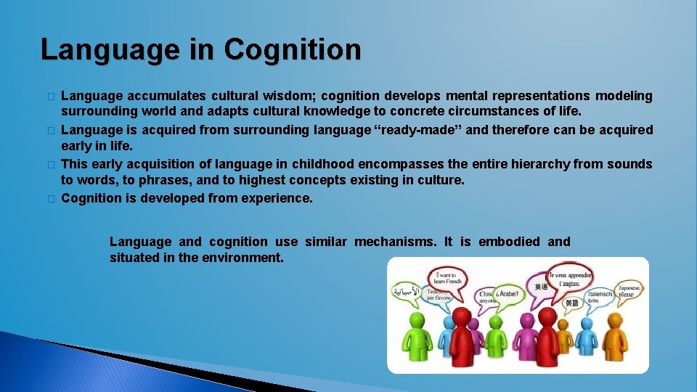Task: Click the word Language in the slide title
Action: (x=110, y=50)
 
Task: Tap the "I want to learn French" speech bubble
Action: (x=447, y=280)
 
